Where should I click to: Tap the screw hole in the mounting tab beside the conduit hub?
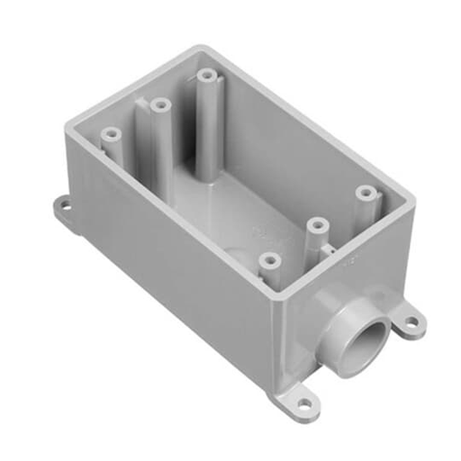tap(411, 319)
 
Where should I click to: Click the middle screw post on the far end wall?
tap(161, 105)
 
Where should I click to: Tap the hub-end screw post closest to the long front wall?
tap(267, 260)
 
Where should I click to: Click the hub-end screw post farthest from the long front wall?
tap(365, 192)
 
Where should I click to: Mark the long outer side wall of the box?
tap(180, 279)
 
